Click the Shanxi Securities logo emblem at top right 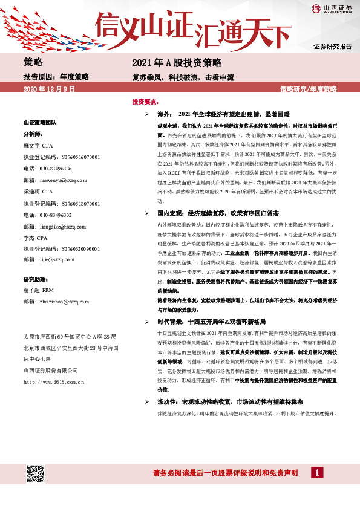[316, 8]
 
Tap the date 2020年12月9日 [48, 89]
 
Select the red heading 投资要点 [145, 102]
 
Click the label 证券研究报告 [332, 47]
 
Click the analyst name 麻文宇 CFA [39, 146]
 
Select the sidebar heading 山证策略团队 [40, 122]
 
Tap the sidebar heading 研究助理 [36, 279]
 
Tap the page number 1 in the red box [315, 472]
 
